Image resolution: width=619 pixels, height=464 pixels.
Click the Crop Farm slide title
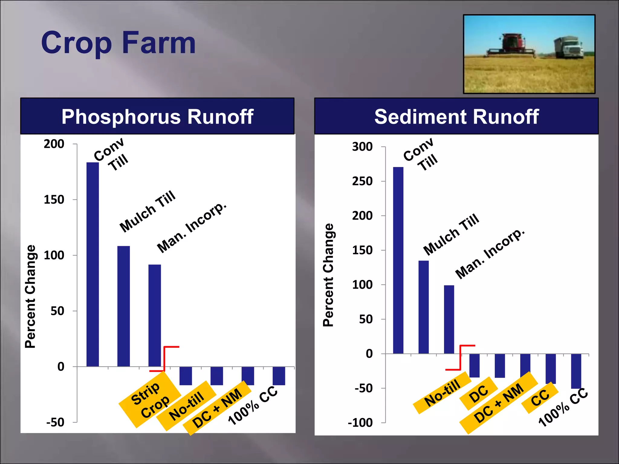click(118, 43)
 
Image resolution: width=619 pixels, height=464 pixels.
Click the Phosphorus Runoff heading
click(157, 117)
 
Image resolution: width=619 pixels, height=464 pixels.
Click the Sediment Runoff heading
click(456, 117)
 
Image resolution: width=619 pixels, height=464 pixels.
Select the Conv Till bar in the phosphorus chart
click(92, 264)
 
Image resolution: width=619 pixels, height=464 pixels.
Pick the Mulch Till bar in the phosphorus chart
click(124, 306)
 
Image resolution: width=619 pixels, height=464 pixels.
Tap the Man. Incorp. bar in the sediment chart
click(449, 319)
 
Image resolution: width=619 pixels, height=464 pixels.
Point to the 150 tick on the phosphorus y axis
click(54, 200)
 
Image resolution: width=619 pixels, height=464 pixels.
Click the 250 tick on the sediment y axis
click(362, 181)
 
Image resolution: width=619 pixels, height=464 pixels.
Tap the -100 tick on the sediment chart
click(360, 423)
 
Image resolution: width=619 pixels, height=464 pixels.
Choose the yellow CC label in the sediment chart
click(540, 398)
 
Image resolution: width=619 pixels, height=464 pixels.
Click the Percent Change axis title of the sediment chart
click(328, 275)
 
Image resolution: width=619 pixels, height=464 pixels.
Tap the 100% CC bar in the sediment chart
click(576, 371)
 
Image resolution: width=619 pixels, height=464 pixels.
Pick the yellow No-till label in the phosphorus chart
click(186, 406)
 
